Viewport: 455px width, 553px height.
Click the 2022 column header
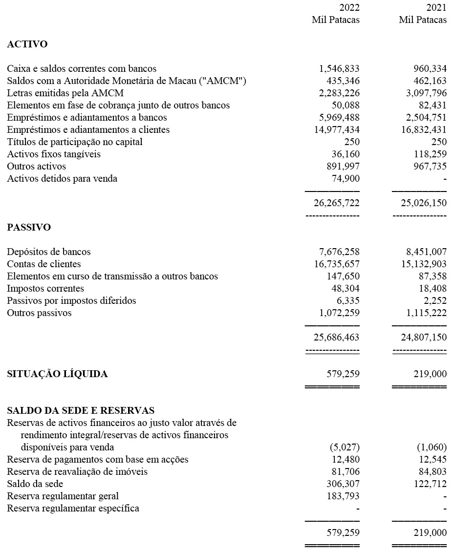349,8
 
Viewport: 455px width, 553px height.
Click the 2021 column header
436,8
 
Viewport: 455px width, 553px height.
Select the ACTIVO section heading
27,44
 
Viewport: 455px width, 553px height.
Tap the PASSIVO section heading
29,228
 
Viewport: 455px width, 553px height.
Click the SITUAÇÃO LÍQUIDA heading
57,374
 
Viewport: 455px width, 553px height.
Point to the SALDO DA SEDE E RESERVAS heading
81,410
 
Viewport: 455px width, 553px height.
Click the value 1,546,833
339,69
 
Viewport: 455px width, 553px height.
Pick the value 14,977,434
337,130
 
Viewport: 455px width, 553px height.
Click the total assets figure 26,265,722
336,203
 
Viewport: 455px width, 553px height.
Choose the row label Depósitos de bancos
49,252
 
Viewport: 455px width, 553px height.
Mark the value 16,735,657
337,264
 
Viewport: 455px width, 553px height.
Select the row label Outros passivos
39,313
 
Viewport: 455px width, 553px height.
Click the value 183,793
343,496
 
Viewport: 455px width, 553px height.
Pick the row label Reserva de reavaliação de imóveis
77,472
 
